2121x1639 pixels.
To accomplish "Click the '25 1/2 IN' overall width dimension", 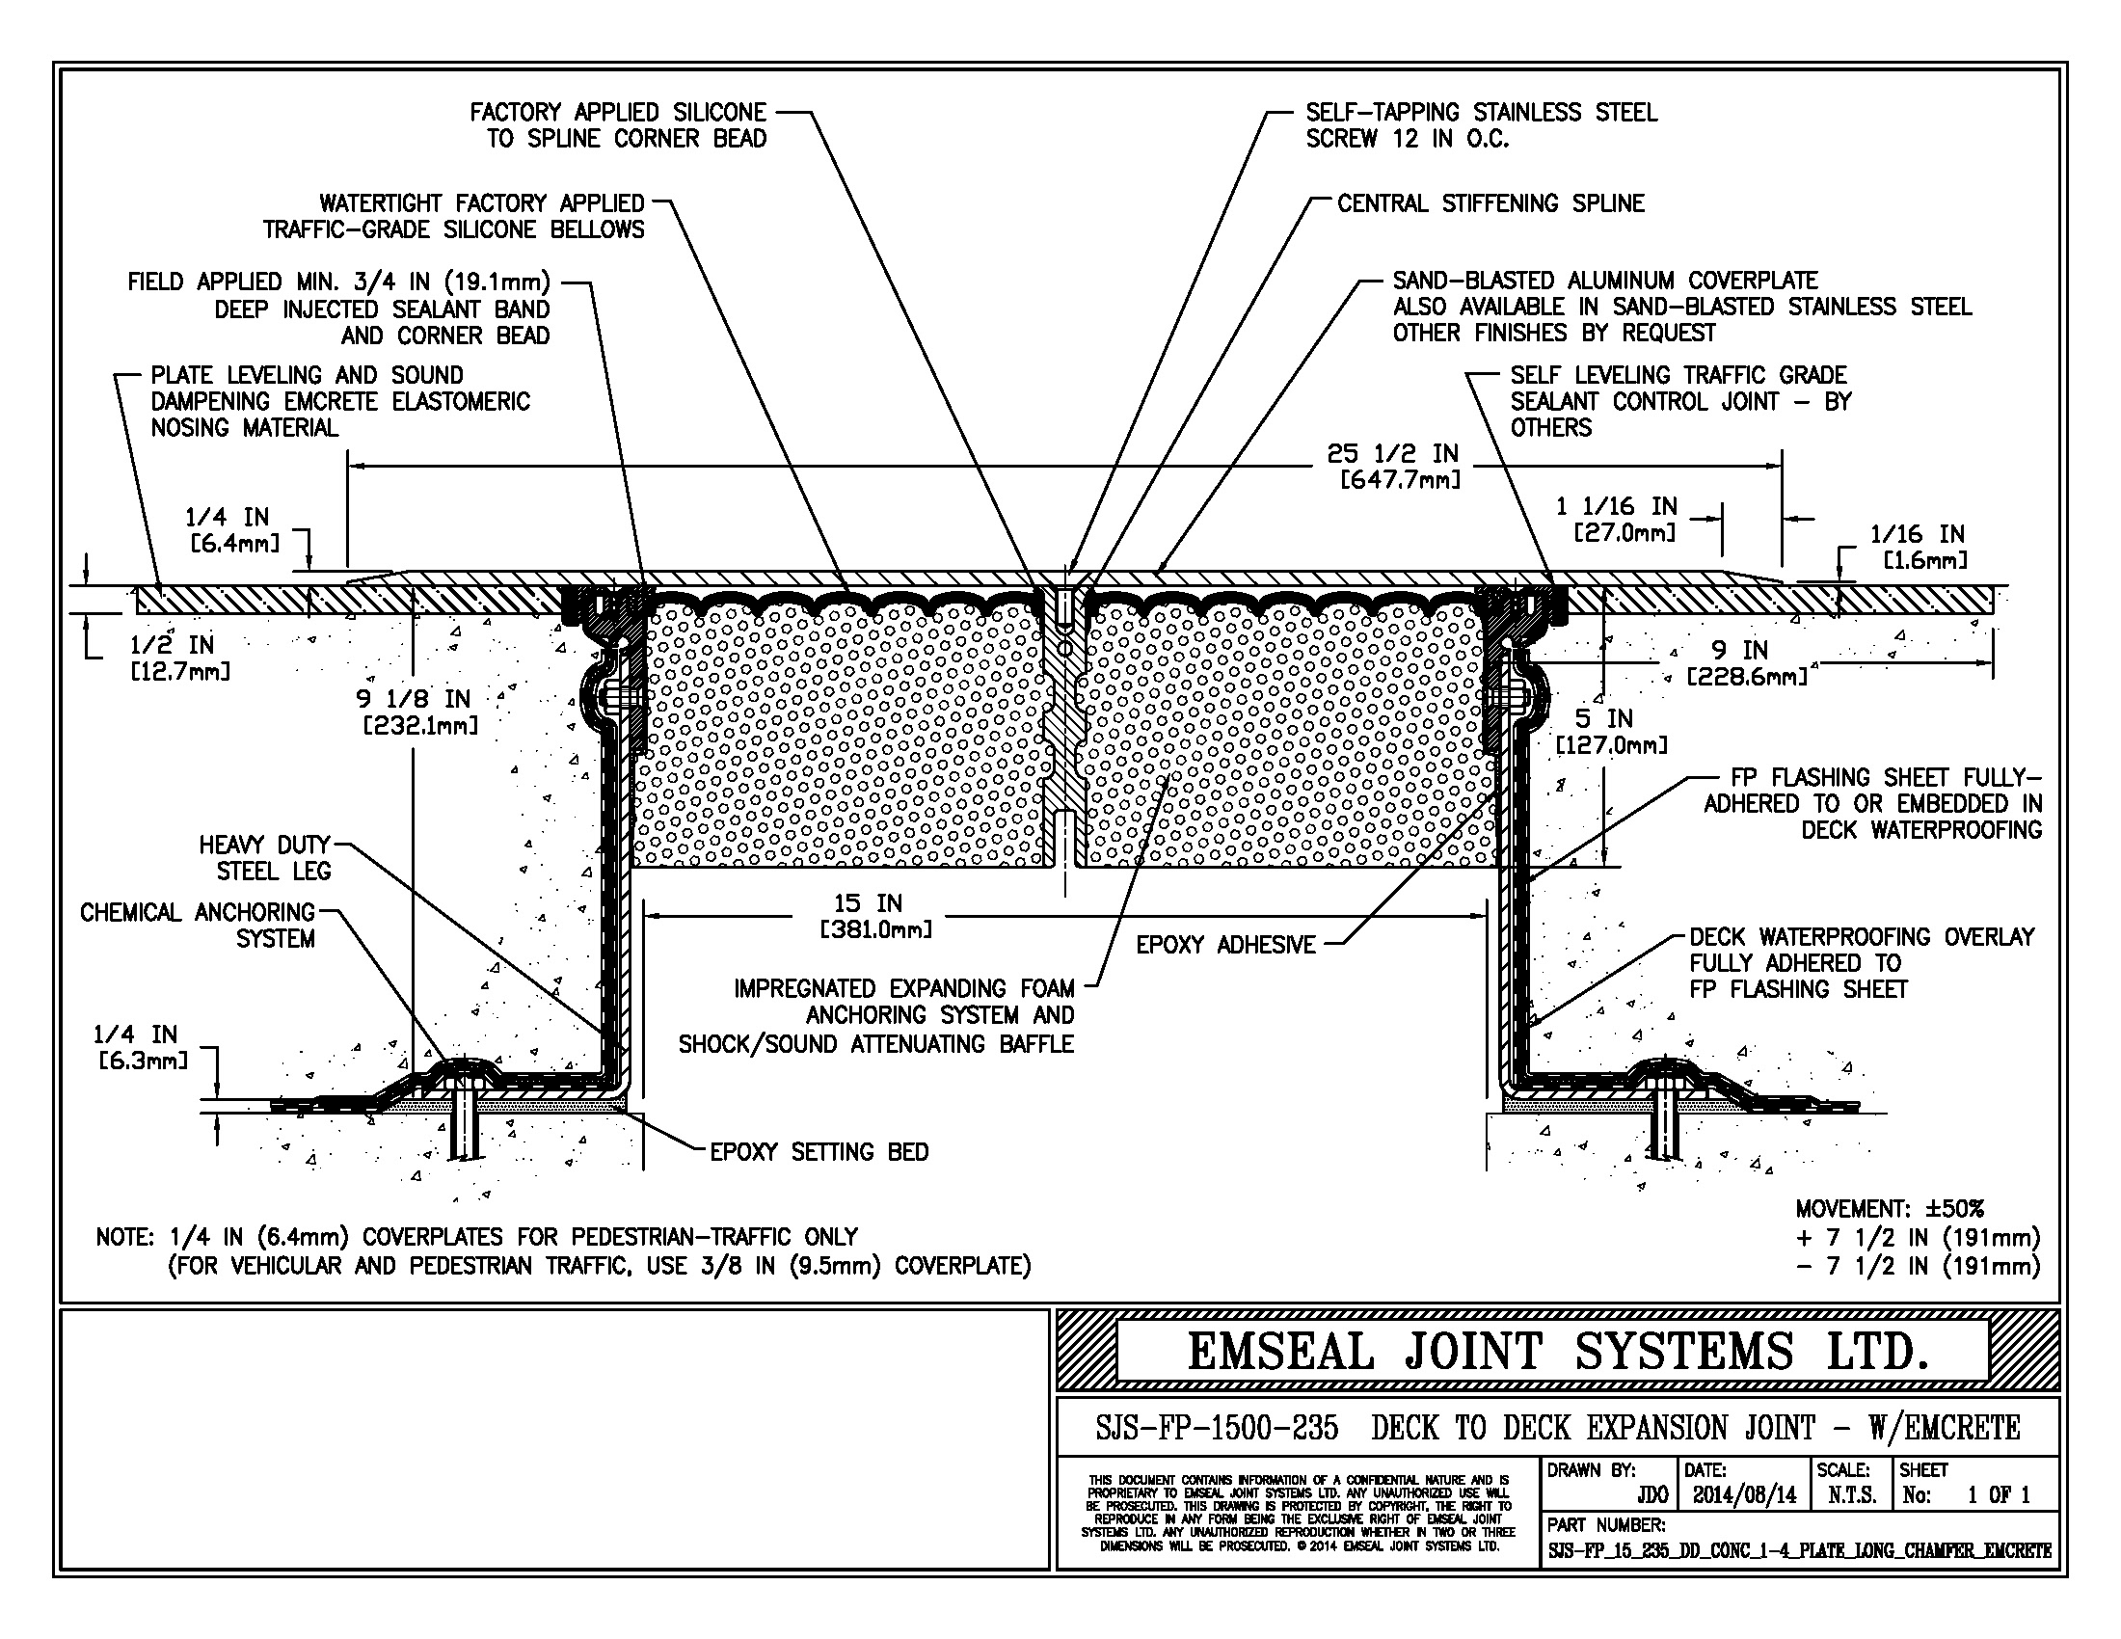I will [1393, 454].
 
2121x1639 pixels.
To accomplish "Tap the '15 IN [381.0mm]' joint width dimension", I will [875, 916].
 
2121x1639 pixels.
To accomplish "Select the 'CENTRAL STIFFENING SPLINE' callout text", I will [1490, 203].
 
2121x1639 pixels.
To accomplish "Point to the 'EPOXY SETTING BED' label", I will [819, 1152].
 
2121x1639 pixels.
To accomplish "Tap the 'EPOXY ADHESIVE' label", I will [1225, 945].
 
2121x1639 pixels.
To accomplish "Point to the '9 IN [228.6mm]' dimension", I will [1746, 662].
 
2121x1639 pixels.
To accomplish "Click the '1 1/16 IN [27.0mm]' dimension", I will [1616, 519].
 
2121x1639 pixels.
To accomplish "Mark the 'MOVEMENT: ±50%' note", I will [1889, 1209].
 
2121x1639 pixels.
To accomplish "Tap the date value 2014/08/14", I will [1744, 1495].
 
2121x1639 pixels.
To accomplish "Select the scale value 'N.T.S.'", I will [1851, 1495].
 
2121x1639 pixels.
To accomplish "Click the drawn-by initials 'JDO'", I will [1651, 1495].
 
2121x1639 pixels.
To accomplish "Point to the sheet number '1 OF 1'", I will [1999, 1495].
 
